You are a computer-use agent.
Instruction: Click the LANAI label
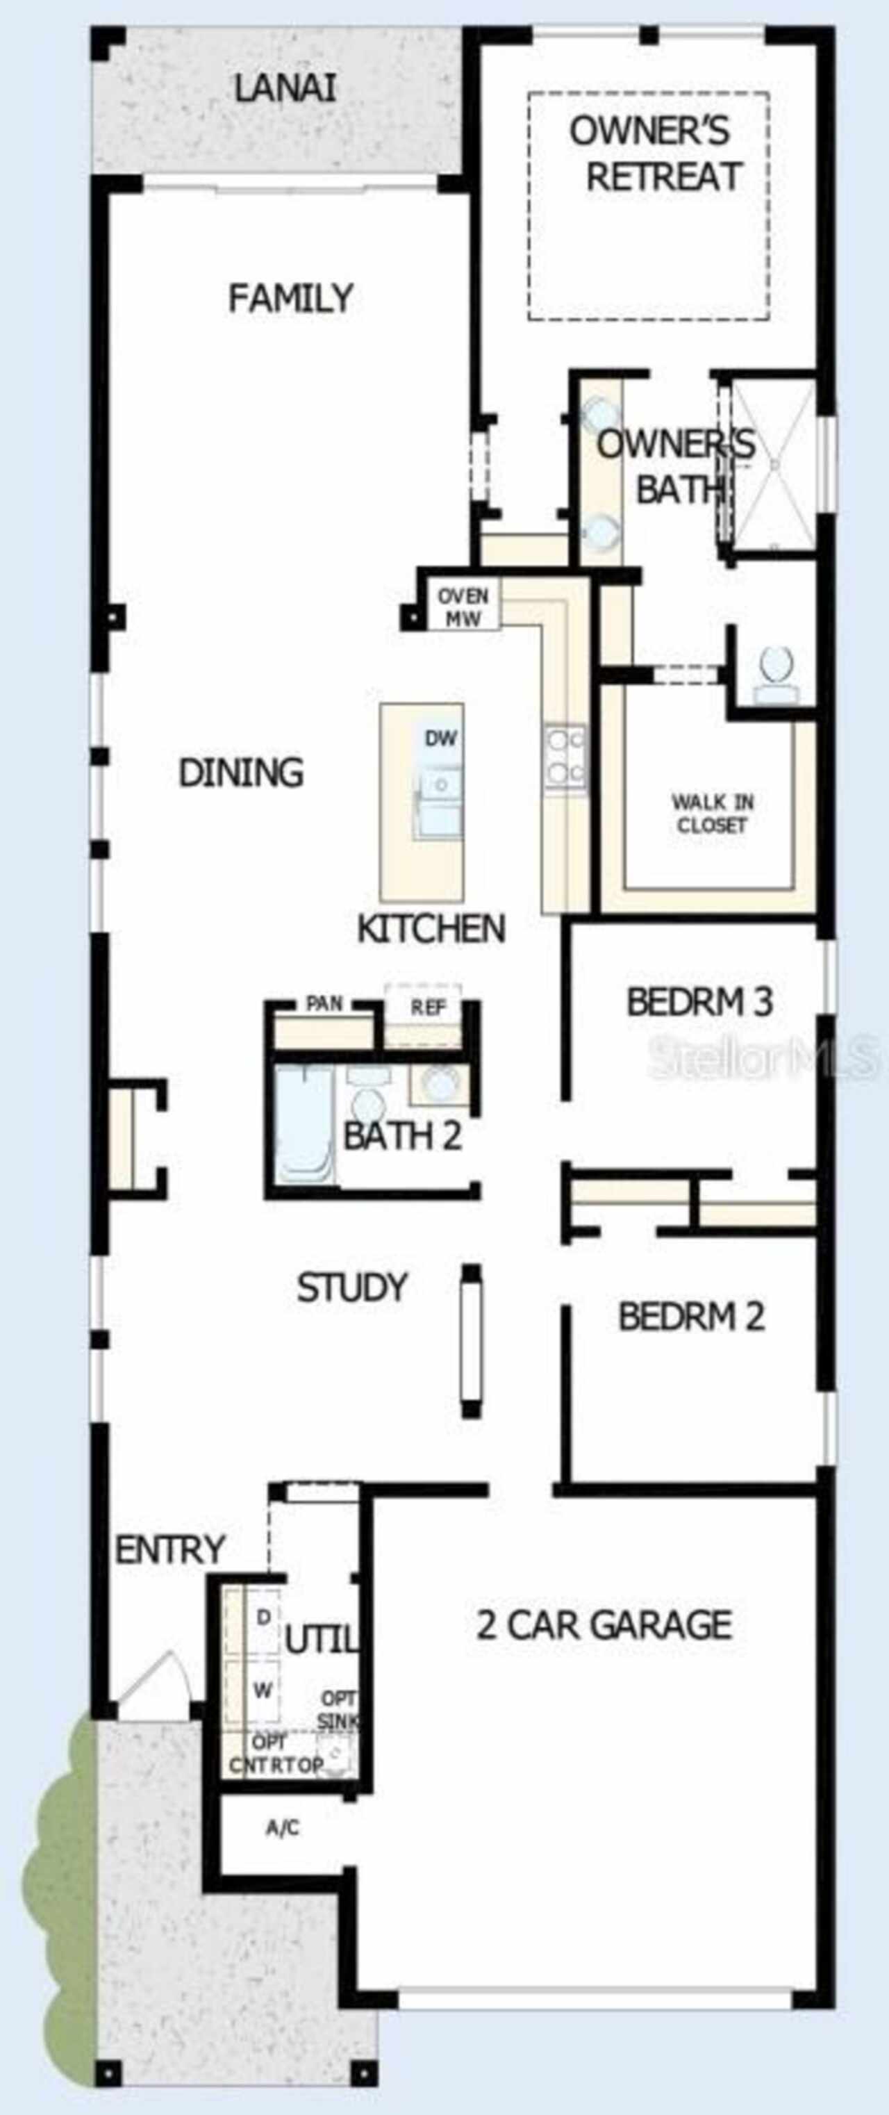285,89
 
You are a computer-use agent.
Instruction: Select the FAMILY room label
290,297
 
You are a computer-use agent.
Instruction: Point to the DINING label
241,773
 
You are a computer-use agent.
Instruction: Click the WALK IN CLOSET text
712,814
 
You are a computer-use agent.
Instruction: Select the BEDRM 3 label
699,1002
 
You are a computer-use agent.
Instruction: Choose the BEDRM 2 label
691,1316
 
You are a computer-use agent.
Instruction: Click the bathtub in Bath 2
304,1125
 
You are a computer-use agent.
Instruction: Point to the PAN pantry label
324,1003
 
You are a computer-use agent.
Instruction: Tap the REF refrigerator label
428,1007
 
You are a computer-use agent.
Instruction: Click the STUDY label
352,1287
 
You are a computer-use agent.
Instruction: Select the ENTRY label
170,1550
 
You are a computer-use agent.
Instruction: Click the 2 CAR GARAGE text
604,1625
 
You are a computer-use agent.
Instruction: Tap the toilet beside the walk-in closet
776,676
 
